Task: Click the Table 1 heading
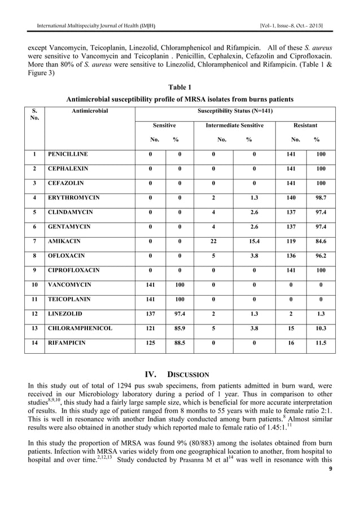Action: [x=180, y=87]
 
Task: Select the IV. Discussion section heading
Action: [x=177, y=374]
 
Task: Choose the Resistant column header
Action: [x=305, y=125]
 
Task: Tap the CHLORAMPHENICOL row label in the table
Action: [x=80, y=328]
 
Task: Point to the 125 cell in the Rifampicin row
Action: [x=149, y=342]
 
